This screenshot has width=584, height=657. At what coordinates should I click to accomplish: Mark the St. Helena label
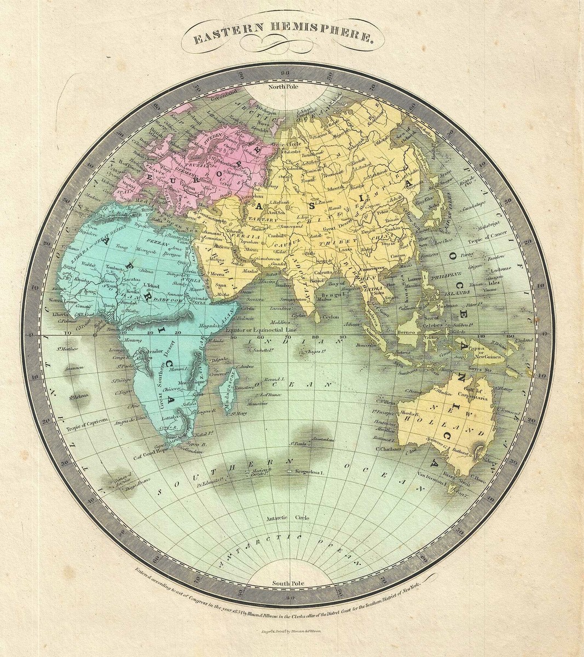pos(80,396)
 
